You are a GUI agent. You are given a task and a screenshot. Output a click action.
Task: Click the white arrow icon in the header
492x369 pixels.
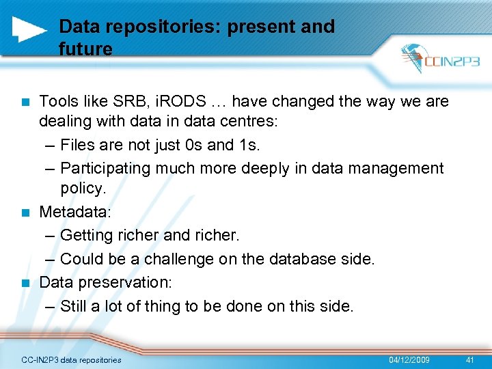(29, 28)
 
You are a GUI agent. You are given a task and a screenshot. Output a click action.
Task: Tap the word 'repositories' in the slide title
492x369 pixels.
(149, 27)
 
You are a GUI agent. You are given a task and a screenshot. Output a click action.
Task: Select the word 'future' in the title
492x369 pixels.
(85, 49)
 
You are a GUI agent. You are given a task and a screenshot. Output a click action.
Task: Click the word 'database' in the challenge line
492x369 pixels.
(299, 259)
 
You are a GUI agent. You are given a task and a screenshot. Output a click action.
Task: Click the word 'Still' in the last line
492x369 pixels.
(74, 305)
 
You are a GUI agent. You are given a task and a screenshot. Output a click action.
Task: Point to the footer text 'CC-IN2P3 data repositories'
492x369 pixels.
(71, 359)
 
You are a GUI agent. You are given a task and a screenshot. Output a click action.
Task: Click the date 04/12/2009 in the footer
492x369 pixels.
(409, 359)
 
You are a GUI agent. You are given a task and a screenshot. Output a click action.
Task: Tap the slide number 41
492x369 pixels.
(469, 359)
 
